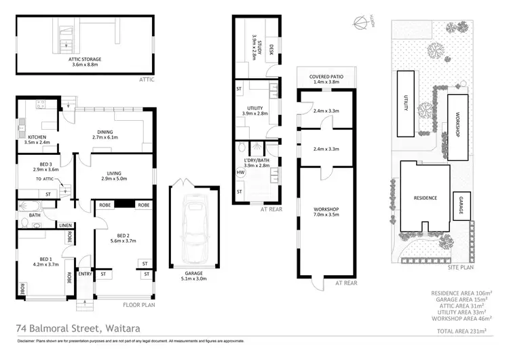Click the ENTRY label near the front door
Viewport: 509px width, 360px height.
[85, 274]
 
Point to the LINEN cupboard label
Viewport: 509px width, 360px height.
[65, 226]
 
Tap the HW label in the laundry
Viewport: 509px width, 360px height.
[240, 173]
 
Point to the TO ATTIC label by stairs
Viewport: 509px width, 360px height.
[44, 179]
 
